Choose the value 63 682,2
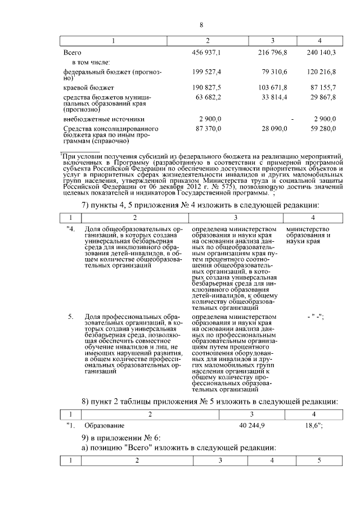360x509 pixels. [209, 97]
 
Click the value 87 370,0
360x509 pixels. [209, 129]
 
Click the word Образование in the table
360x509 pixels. [104, 426]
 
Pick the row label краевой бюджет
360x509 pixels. [89, 88]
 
